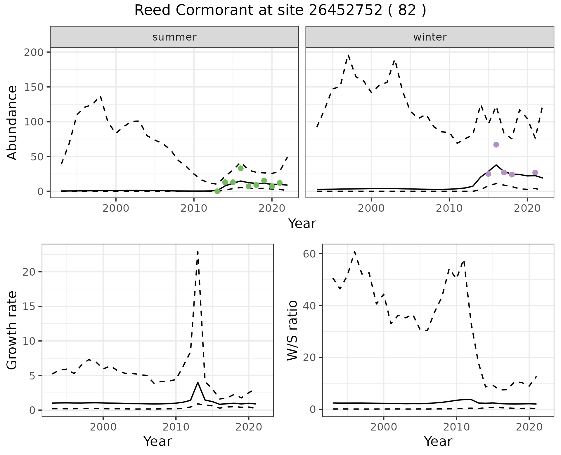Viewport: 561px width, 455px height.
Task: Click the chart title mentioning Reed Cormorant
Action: (x=280, y=10)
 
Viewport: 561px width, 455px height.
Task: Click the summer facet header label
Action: (x=174, y=37)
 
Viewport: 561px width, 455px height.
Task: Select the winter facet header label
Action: (x=430, y=37)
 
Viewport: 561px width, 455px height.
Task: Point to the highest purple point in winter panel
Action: (x=496, y=145)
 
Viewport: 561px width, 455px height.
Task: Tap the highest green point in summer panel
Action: (x=241, y=168)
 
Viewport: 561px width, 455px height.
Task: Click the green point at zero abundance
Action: (x=217, y=191)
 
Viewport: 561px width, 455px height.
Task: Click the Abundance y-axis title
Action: (x=12, y=123)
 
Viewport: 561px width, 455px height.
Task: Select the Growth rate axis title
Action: (x=12, y=330)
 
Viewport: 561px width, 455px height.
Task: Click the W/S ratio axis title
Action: (x=292, y=330)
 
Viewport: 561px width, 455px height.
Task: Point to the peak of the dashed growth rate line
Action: (x=198, y=251)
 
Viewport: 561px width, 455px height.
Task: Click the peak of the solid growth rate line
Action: (x=198, y=382)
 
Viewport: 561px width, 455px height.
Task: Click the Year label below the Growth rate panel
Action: (x=157, y=441)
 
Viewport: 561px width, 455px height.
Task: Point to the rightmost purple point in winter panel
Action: (x=535, y=173)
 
